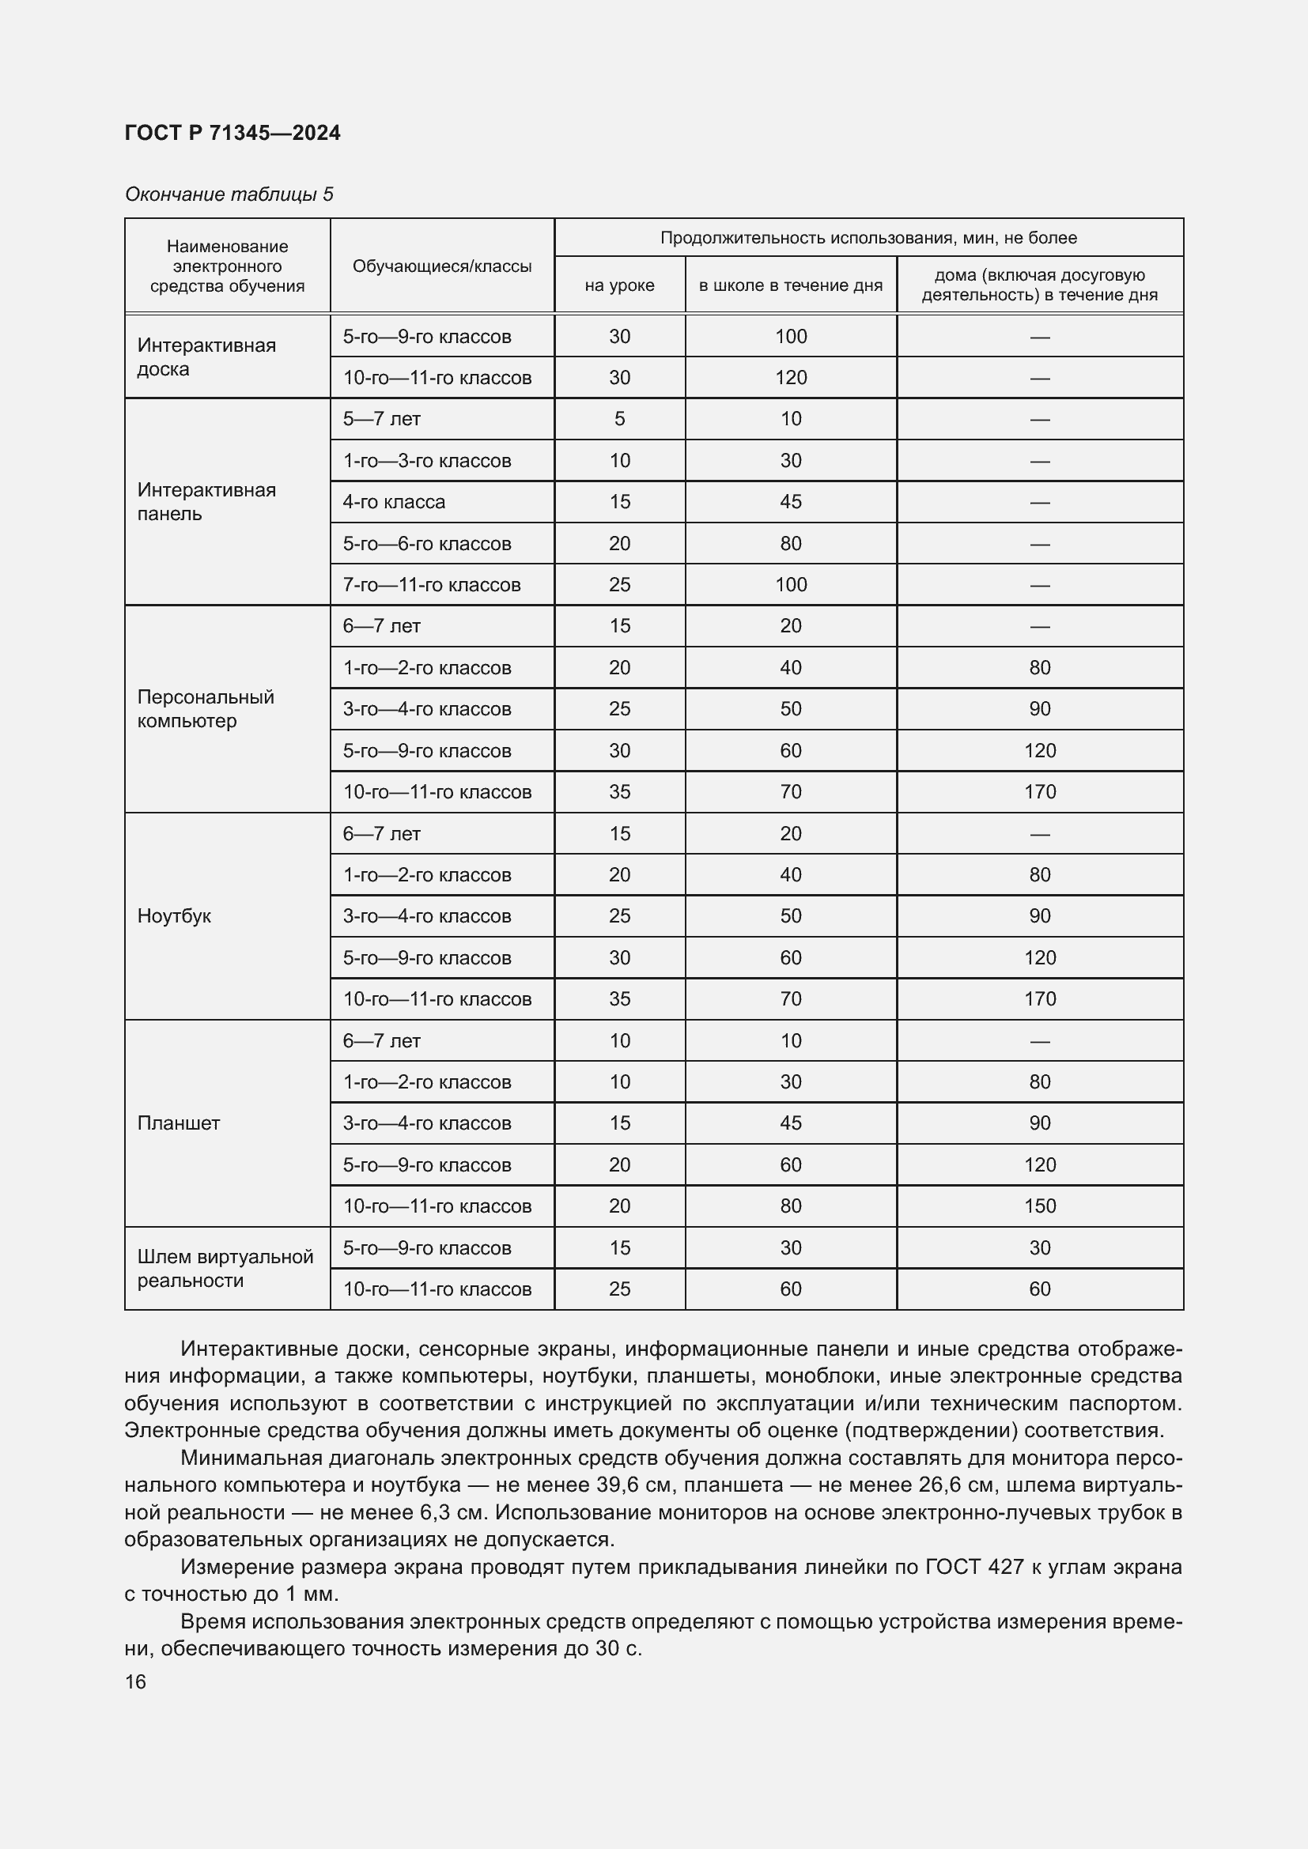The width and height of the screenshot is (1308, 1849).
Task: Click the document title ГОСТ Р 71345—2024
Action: [x=232, y=133]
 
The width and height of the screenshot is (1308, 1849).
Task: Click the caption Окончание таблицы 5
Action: [x=229, y=194]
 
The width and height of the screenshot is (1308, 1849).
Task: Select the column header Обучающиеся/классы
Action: [x=441, y=266]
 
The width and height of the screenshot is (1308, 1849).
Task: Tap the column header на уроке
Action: [x=618, y=285]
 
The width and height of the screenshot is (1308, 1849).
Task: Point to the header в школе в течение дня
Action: [x=790, y=285]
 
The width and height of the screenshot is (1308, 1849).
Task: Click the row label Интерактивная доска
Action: [x=206, y=357]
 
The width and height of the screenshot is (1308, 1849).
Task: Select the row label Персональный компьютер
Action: [x=206, y=708]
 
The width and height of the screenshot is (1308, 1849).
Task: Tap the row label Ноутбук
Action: [x=174, y=915]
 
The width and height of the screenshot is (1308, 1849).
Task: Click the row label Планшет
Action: [x=178, y=1123]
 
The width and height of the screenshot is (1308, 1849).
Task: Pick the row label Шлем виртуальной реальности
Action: [x=225, y=1268]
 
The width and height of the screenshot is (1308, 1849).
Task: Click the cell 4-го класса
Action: [x=394, y=502]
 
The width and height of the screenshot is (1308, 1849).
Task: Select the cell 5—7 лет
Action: [x=381, y=419]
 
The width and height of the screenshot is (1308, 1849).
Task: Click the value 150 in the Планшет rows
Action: [x=1039, y=1206]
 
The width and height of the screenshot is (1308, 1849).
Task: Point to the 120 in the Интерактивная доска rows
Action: [x=790, y=378]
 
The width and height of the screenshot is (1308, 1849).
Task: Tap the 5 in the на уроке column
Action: [x=618, y=419]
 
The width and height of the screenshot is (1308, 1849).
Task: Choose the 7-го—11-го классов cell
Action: [x=432, y=585]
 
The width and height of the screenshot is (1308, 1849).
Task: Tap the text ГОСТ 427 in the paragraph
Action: [x=973, y=1566]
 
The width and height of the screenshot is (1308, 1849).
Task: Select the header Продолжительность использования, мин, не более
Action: [x=868, y=238]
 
